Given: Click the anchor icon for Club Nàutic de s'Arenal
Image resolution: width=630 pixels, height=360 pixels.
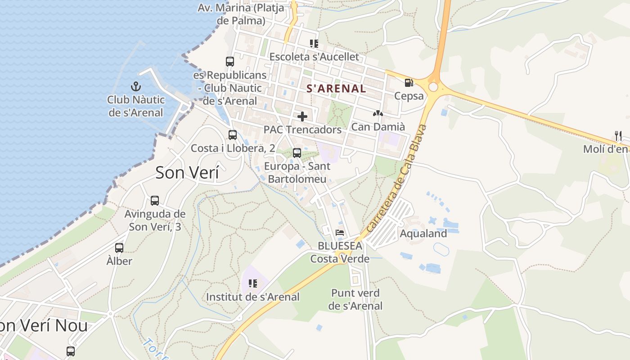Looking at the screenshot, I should tap(136, 86).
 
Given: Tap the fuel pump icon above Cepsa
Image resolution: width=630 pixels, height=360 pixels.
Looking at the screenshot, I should tap(409, 83).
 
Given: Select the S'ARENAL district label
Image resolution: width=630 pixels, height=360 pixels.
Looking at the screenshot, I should tap(336, 89).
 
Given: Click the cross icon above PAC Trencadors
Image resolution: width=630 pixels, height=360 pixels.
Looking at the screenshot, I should tap(302, 117).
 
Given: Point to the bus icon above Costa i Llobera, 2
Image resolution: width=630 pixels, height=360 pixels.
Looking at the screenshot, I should tap(233, 135).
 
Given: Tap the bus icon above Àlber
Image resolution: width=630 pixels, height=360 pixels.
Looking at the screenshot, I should tap(119, 247).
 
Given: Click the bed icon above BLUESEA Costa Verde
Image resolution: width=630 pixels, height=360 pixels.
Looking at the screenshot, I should tap(340, 233).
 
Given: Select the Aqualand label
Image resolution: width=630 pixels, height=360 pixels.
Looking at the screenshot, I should tap(423, 234).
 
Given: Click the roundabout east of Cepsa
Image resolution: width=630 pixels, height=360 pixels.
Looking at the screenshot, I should tap(433, 87).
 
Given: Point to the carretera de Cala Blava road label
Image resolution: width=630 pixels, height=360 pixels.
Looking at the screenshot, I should tap(396, 179).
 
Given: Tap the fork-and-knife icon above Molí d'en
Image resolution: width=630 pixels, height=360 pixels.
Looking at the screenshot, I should tap(618, 135).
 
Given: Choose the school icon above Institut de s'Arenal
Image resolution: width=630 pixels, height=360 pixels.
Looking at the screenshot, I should tap(252, 283).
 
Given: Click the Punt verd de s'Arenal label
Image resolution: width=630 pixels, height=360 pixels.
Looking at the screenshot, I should tap(355, 299).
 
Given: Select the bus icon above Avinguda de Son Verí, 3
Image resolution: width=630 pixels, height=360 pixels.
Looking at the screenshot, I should tap(155, 200).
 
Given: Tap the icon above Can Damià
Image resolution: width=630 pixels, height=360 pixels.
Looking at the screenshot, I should tap(378, 114).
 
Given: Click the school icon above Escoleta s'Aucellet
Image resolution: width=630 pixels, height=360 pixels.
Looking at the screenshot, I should tap(314, 44).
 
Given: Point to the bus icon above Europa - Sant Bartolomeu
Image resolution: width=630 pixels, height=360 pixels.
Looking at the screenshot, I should tap(297, 153).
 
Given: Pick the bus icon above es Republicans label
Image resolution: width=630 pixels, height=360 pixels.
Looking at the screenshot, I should tap(230, 61).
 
